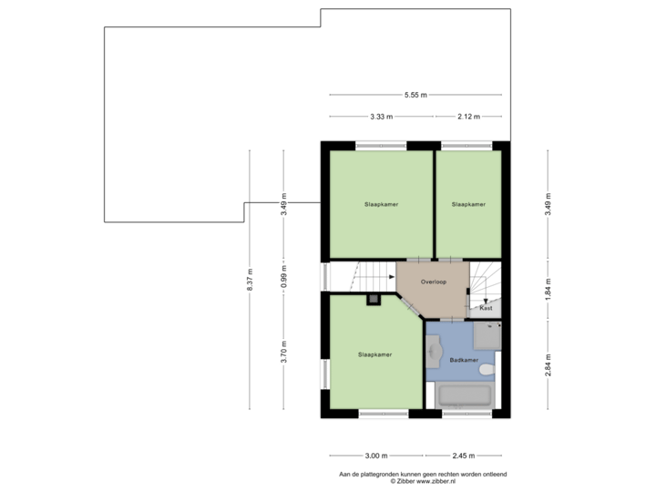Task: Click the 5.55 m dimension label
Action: point(415,95)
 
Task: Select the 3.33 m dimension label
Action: point(381,117)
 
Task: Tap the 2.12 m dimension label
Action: point(468,117)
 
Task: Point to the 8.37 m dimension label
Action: point(250,280)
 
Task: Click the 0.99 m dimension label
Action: point(283,277)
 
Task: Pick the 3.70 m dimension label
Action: point(283,352)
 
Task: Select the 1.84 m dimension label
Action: point(548,289)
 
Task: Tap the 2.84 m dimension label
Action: point(548,364)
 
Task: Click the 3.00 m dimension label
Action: point(376,456)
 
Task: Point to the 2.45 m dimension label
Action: point(464,456)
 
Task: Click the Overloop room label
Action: point(434,282)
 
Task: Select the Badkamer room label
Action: point(464,360)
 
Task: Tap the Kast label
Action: point(486,308)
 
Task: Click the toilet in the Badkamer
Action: point(487,369)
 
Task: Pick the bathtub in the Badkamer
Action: point(465,395)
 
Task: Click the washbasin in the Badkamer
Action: point(434,352)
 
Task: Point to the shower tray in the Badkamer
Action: point(487,336)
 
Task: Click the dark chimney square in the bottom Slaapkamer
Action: point(374,300)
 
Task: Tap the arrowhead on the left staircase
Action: point(392,277)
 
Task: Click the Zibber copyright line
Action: point(423,482)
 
